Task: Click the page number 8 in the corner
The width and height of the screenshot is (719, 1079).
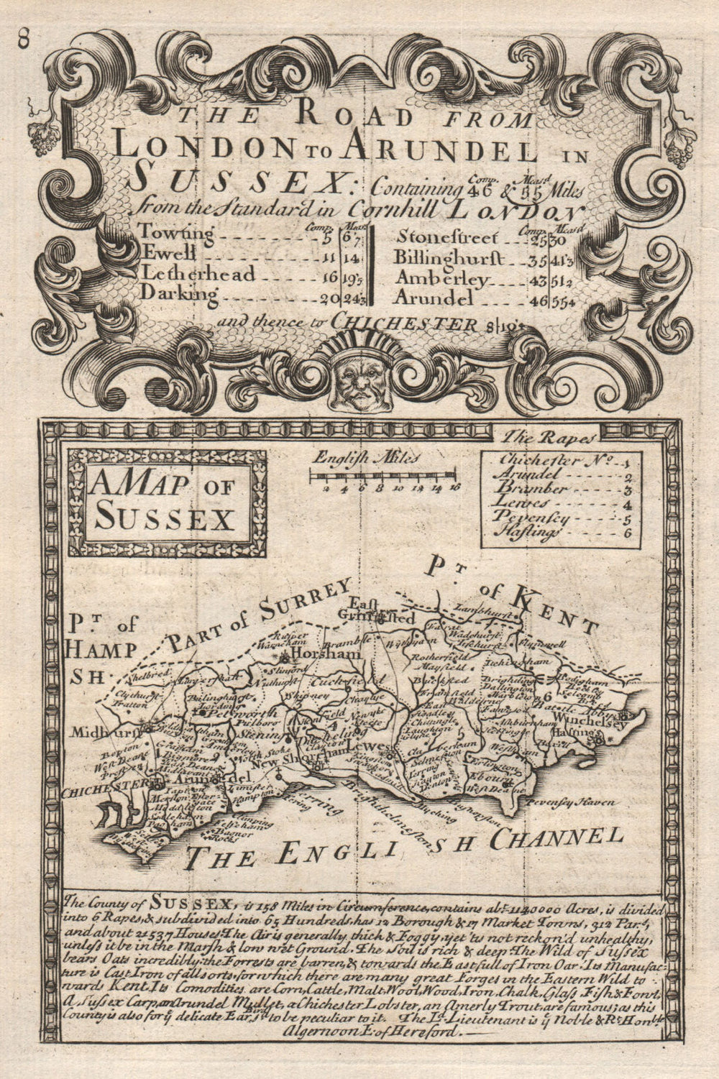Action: coord(24,40)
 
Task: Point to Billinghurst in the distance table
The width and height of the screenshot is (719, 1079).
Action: coord(449,256)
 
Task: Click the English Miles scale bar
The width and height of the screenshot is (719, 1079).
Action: coord(382,474)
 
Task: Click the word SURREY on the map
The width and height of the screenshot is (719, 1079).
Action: coord(311,602)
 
